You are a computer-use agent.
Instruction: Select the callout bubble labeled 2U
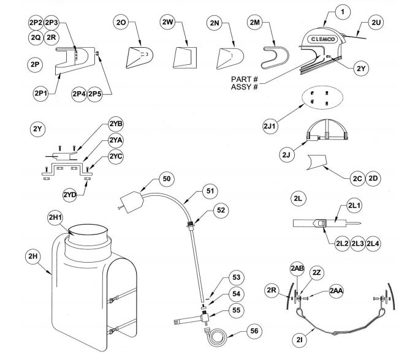pos(375,22)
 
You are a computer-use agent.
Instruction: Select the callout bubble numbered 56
pos(253,331)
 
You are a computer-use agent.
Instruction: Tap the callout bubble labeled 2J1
pos(272,126)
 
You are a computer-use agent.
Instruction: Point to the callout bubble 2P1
pos(40,93)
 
